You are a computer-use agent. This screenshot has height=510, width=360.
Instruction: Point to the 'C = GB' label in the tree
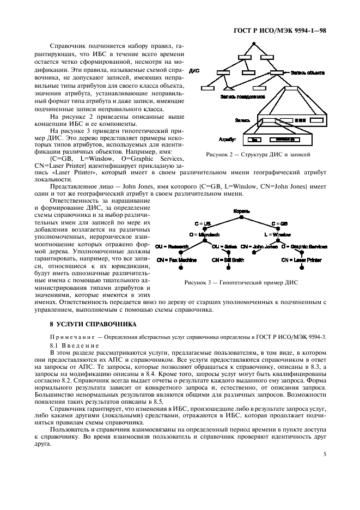pyautogui.click(x=279, y=224)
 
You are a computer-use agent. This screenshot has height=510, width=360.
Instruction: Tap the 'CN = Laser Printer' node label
pyautogui.click(x=301, y=260)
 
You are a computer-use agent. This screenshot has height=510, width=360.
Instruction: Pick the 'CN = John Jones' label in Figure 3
pyautogui.click(x=259, y=246)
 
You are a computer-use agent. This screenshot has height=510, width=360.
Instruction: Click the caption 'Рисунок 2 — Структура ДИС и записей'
pyautogui.click(x=258, y=155)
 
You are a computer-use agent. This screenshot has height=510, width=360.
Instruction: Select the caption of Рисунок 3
pyautogui.click(x=241, y=282)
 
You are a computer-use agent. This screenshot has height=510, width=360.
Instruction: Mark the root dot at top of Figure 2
pyautogui.click(x=254, y=42)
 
